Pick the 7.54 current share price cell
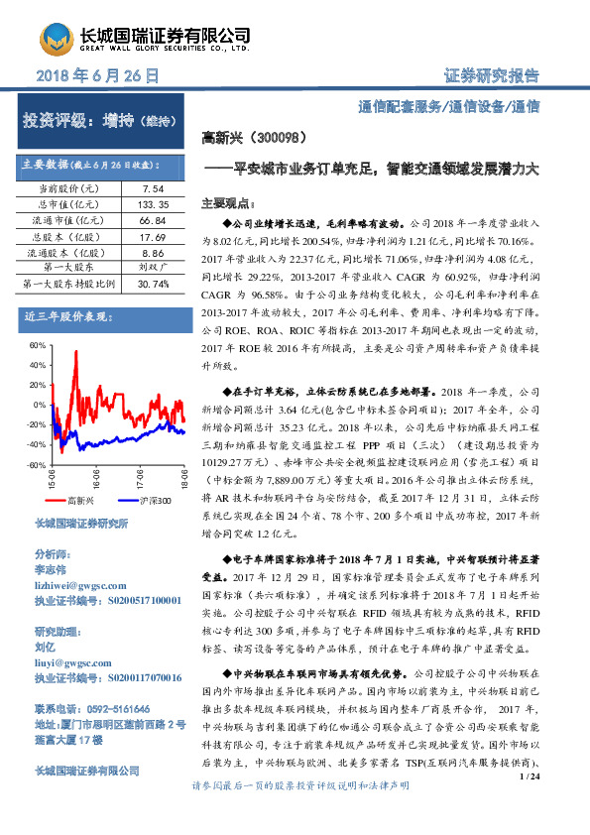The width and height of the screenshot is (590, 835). (153, 186)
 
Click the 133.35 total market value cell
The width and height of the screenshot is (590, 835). (153, 202)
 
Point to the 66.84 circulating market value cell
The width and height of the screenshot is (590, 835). (153, 218)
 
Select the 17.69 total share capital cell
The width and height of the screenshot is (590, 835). (153, 235)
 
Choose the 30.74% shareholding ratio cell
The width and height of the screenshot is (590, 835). (153, 284)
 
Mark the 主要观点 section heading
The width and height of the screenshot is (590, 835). (230, 201)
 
